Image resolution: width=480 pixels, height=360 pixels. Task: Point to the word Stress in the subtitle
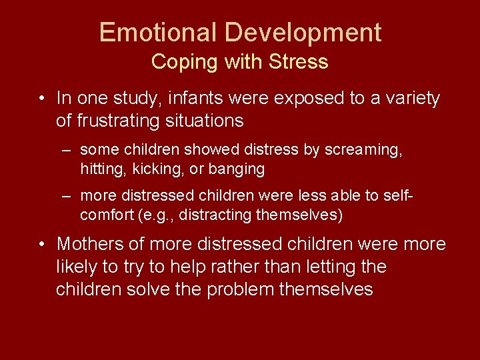299,62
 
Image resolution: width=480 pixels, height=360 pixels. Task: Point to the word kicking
153,169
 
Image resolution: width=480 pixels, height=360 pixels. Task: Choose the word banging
237,169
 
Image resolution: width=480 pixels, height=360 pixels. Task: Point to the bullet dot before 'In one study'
42,99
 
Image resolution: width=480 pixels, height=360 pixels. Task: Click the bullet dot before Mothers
42,245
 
